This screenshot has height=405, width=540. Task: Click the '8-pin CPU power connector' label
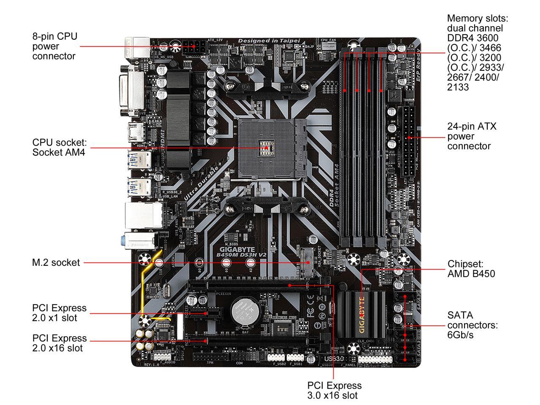point(55,46)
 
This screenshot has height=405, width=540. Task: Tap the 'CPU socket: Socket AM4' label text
point(59,147)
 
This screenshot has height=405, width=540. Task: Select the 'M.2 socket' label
point(56,262)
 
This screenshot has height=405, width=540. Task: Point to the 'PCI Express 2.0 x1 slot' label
point(59,313)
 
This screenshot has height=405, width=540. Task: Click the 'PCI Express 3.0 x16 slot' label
point(334,390)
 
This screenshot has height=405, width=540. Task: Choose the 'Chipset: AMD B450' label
point(471,269)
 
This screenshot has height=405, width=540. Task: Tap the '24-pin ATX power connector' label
point(472,136)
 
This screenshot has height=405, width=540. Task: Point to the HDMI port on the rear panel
point(137,132)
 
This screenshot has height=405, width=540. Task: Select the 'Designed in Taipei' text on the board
point(269,40)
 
